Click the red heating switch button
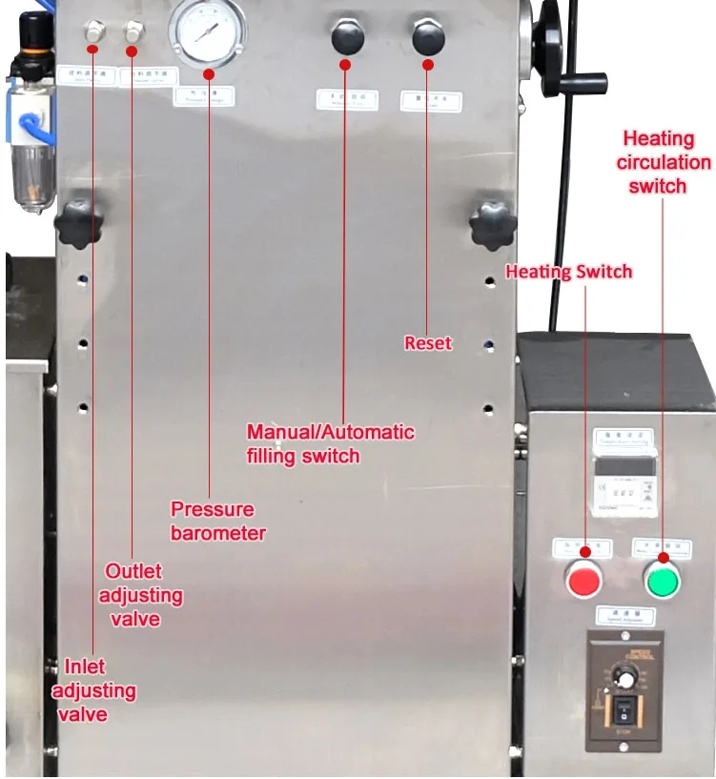tap(583, 578)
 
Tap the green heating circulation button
tap(662, 578)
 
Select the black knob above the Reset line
tap(427, 38)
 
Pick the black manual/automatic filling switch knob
tap(346, 38)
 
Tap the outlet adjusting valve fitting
tap(131, 33)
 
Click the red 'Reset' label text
tap(427, 342)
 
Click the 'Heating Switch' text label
tap(568, 273)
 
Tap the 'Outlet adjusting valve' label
tap(144, 595)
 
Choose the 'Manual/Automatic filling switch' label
tap(330, 443)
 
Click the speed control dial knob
tap(624, 676)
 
